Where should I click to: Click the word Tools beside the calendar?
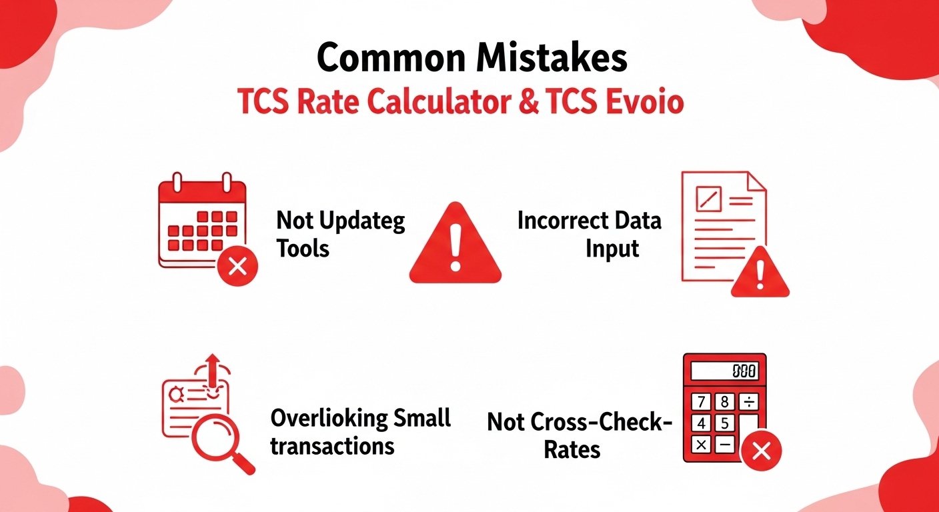click(303, 249)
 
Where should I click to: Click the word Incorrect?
click(560, 220)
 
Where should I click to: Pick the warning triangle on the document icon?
click(760, 273)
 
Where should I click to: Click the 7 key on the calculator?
click(701, 402)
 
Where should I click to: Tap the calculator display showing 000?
click(724, 371)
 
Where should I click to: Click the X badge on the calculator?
click(760, 452)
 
